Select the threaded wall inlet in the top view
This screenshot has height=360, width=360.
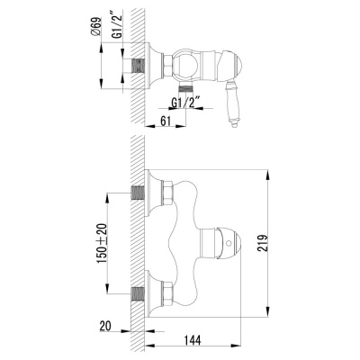tap(139, 64)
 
